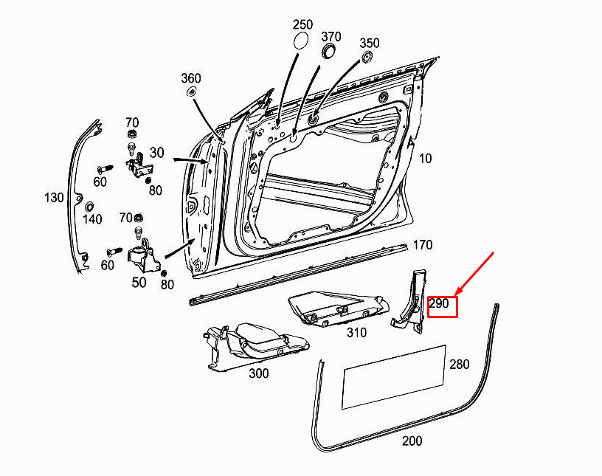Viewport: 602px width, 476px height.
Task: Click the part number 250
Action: coord(302,24)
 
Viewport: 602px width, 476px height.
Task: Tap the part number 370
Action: coord(331,36)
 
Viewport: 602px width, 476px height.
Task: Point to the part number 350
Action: coord(370,43)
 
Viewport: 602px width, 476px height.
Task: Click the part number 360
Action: coord(190,78)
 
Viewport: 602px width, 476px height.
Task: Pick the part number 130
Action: coord(54,198)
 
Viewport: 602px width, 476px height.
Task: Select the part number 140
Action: coord(92,219)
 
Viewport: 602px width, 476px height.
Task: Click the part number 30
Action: coord(156,152)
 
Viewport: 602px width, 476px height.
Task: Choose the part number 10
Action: coord(426,158)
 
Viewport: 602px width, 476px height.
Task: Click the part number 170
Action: coord(422,245)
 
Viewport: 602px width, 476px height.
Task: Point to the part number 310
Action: coord(356,333)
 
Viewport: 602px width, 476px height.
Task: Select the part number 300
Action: coord(258,373)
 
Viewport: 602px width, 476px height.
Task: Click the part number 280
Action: coord(459,365)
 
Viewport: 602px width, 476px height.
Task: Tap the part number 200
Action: coord(412,441)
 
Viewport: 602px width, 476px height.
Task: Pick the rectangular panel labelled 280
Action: coord(394,376)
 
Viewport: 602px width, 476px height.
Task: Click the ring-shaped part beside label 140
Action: coord(89,206)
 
